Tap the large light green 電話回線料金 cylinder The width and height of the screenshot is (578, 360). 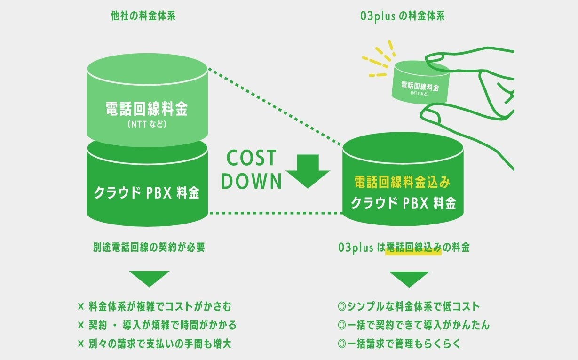(147, 99)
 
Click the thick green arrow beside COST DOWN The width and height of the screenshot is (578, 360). (308, 172)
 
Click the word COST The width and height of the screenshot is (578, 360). (251, 159)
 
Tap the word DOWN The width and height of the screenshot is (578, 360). (251, 181)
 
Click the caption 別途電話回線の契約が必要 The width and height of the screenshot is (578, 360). (149, 247)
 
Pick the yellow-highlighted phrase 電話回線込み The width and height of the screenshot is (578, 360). (413, 248)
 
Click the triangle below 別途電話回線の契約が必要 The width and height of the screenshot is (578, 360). (149, 278)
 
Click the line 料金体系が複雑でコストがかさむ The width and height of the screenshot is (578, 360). (160, 307)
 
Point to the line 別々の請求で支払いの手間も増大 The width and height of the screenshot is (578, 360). (160, 344)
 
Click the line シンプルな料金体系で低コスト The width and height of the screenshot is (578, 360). (408, 307)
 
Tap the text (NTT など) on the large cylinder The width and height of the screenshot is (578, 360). (147, 126)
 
